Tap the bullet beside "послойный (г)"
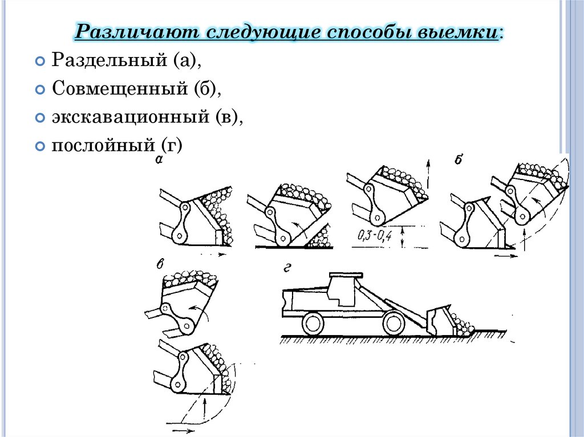[40, 146]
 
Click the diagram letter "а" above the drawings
[160, 161]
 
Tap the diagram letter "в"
[161, 264]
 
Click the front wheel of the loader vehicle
[394, 324]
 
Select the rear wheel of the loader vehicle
[312, 324]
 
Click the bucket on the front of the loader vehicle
[441, 321]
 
